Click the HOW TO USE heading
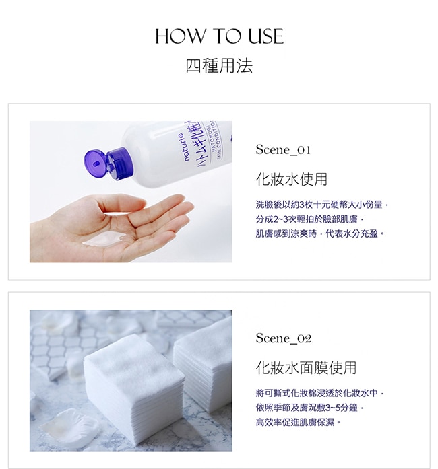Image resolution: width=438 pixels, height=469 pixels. (x=219, y=36)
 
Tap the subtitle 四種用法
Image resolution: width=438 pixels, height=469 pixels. (x=219, y=65)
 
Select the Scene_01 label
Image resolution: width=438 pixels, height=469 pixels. (x=283, y=150)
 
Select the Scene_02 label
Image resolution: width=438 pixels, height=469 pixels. (x=284, y=338)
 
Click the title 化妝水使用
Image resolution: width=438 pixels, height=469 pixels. (x=292, y=179)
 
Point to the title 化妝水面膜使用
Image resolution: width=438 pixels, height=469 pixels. (x=306, y=367)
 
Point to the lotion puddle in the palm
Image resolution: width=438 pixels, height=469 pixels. (x=103, y=240)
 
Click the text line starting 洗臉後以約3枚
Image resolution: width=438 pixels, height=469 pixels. (x=322, y=205)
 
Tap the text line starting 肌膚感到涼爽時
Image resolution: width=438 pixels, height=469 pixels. (x=319, y=233)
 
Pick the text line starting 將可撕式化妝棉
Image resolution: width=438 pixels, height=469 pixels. (x=319, y=393)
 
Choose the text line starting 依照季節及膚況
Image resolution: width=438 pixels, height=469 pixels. (x=309, y=408)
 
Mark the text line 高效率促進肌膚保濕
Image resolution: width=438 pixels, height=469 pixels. (x=298, y=422)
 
